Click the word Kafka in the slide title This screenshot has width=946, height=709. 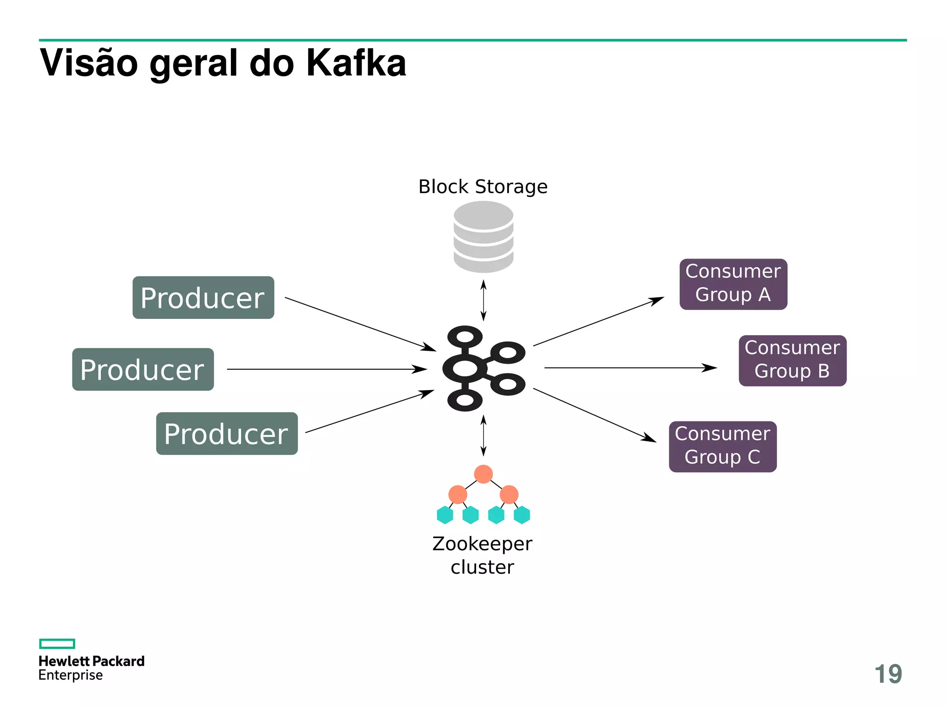pos(356,63)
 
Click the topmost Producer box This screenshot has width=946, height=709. pos(203,298)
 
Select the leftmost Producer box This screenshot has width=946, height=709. pos(143,369)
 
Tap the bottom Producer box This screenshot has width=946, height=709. pos(227,433)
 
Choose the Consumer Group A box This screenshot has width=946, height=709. pos(733,284)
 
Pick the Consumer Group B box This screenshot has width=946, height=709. pos(792,361)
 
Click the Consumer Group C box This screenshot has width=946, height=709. pos(722,446)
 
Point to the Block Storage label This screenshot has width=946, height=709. pos(483,187)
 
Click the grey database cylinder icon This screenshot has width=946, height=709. pos(483,237)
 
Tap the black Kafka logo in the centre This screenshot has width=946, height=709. pos(483,368)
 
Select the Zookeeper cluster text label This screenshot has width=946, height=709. pos(482,555)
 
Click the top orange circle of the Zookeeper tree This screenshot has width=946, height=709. pos(483,474)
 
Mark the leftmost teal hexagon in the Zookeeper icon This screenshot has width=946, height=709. pos(445,515)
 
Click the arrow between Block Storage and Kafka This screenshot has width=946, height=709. pos(483,300)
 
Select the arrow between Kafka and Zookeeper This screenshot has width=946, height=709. pos(483,435)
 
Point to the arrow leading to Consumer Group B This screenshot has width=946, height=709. pos(631,368)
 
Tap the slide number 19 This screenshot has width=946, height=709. pos(888,674)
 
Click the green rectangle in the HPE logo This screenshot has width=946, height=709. pos(57,643)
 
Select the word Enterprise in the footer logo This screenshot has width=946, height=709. pos(71,675)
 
